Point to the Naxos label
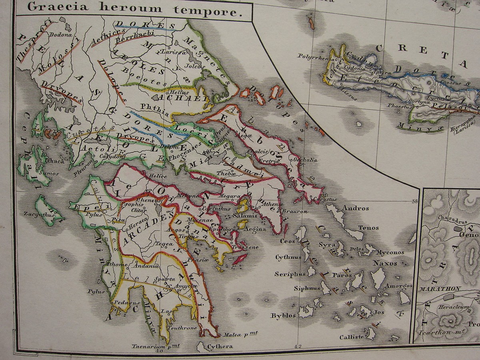(x=385, y=263)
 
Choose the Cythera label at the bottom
(x=220, y=346)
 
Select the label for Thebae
(x=224, y=174)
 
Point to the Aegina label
(x=255, y=229)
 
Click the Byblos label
(x=283, y=315)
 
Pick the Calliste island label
(x=352, y=337)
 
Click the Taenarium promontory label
(x=153, y=346)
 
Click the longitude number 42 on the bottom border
(x=298, y=347)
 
